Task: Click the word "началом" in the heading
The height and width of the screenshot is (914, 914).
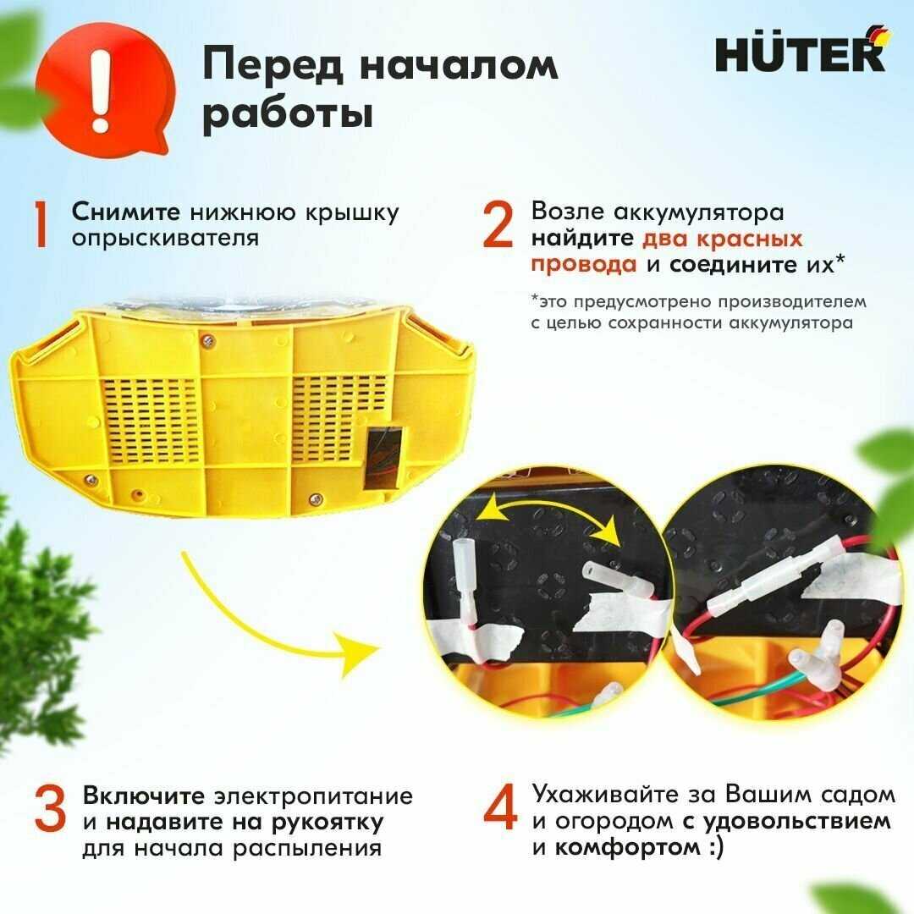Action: (x=459, y=64)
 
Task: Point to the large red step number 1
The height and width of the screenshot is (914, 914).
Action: (x=41, y=225)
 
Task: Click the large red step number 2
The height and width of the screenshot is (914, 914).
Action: (x=498, y=223)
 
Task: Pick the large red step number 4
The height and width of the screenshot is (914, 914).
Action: (x=500, y=807)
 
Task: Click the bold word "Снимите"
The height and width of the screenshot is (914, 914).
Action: (x=126, y=212)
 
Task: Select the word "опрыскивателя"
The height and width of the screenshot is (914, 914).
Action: (x=166, y=239)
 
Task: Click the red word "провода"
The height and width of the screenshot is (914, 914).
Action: (x=584, y=265)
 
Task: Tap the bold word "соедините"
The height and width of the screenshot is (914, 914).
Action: (x=733, y=265)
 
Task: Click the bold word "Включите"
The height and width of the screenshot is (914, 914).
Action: (x=143, y=796)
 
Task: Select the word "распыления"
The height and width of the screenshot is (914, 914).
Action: (x=308, y=849)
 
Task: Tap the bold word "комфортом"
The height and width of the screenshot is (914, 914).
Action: (x=626, y=847)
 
